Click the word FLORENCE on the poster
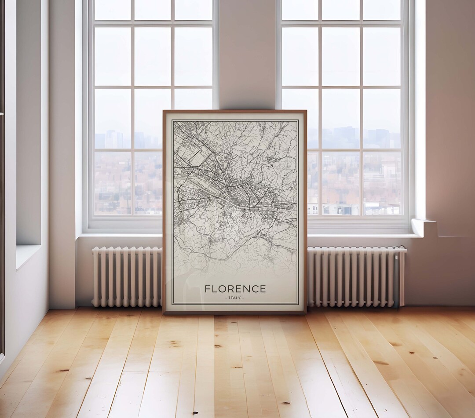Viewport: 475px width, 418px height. (x=235, y=289)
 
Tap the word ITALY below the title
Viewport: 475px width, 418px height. (x=235, y=298)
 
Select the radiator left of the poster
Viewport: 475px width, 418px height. (x=127, y=277)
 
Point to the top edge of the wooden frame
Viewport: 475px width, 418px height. (x=234, y=112)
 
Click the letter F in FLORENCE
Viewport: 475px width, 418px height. (x=208, y=289)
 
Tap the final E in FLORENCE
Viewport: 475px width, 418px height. (x=263, y=289)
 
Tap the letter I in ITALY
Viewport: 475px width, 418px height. (x=229, y=298)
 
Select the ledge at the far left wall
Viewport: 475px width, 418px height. (x=27, y=255)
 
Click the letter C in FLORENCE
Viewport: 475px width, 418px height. (x=254, y=289)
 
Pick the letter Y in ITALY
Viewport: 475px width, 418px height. (x=240, y=298)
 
